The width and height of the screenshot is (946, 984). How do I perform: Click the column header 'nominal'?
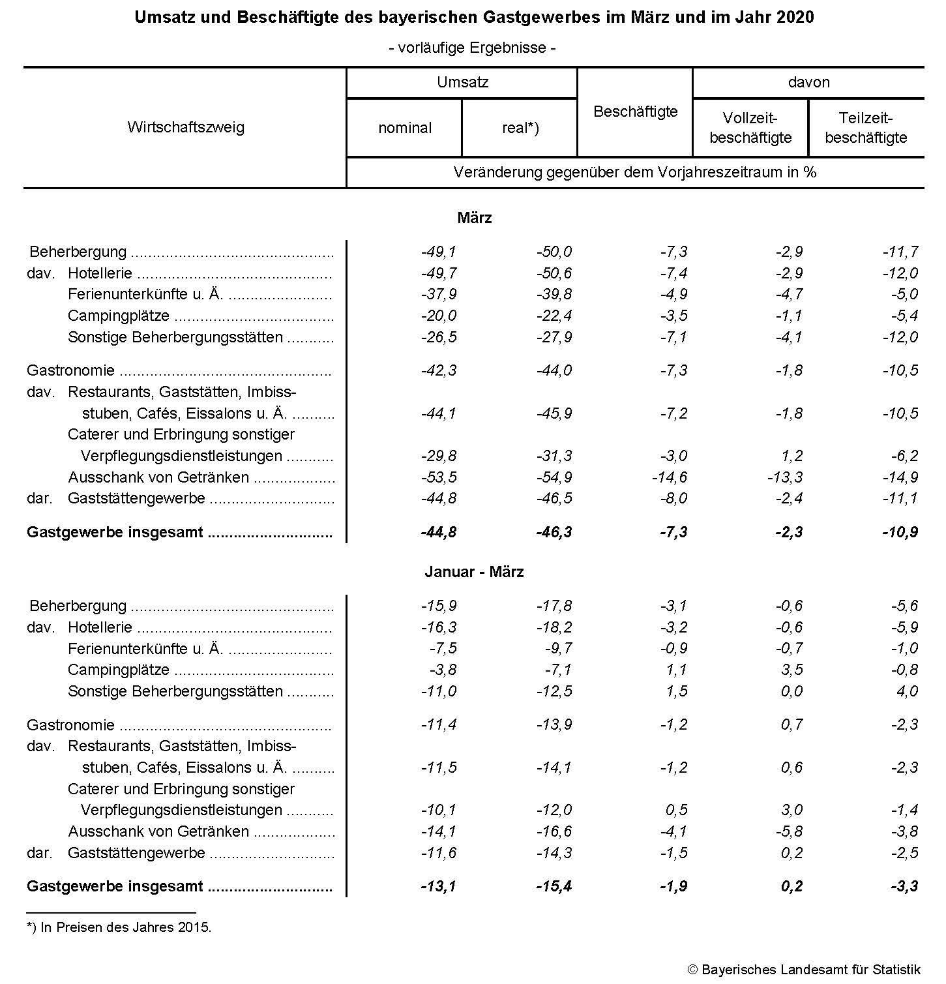click(x=405, y=128)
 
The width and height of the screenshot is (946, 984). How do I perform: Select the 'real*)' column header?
click(x=520, y=128)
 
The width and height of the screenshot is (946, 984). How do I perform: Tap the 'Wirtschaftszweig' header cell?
click(x=186, y=127)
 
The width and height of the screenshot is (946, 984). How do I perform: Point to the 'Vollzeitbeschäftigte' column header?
click(x=750, y=128)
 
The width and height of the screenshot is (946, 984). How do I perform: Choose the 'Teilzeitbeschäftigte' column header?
click(x=866, y=128)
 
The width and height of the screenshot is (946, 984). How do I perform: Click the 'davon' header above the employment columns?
click(x=808, y=82)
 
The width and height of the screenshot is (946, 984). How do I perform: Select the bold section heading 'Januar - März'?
click(x=474, y=572)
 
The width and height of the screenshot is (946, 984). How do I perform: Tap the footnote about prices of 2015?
click(x=119, y=927)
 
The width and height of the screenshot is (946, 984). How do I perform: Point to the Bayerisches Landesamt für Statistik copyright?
click(x=804, y=970)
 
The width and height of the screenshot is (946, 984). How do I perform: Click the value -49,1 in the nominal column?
click(x=439, y=252)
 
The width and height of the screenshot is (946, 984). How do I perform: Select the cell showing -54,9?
click(x=554, y=477)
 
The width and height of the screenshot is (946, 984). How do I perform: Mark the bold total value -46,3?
click(x=554, y=532)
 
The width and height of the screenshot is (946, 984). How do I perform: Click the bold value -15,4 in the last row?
click(x=554, y=886)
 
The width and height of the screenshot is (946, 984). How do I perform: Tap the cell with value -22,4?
click(x=554, y=316)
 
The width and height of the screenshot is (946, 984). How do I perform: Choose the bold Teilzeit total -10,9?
click(x=900, y=532)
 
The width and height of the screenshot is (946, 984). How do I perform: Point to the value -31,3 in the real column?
click(x=554, y=456)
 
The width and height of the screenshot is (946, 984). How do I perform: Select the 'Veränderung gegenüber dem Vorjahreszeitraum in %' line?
click(x=635, y=172)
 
